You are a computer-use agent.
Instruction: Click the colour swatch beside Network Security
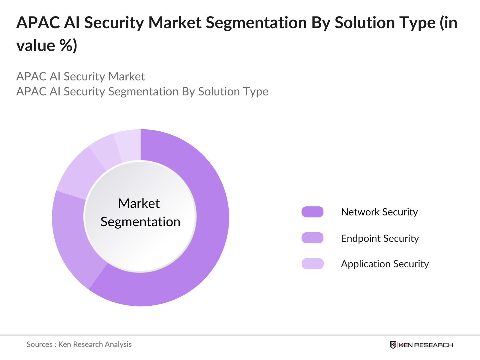point(312,212)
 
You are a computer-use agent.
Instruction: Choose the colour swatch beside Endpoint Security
point(312,238)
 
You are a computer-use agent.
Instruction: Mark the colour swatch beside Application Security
point(312,264)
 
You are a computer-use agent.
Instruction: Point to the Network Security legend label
point(379,212)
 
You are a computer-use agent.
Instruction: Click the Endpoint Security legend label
point(380,238)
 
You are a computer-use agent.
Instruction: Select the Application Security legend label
point(385,264)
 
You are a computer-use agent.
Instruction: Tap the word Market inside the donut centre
point(139,203)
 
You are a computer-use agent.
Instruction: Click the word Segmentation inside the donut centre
point(140,222)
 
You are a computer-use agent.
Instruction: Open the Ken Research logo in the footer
point(421,345)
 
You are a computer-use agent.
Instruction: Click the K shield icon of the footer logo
point(393,345)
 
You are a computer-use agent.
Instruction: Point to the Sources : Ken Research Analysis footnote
point(79,344)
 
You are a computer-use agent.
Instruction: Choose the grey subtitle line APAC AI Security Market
point(80,76)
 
